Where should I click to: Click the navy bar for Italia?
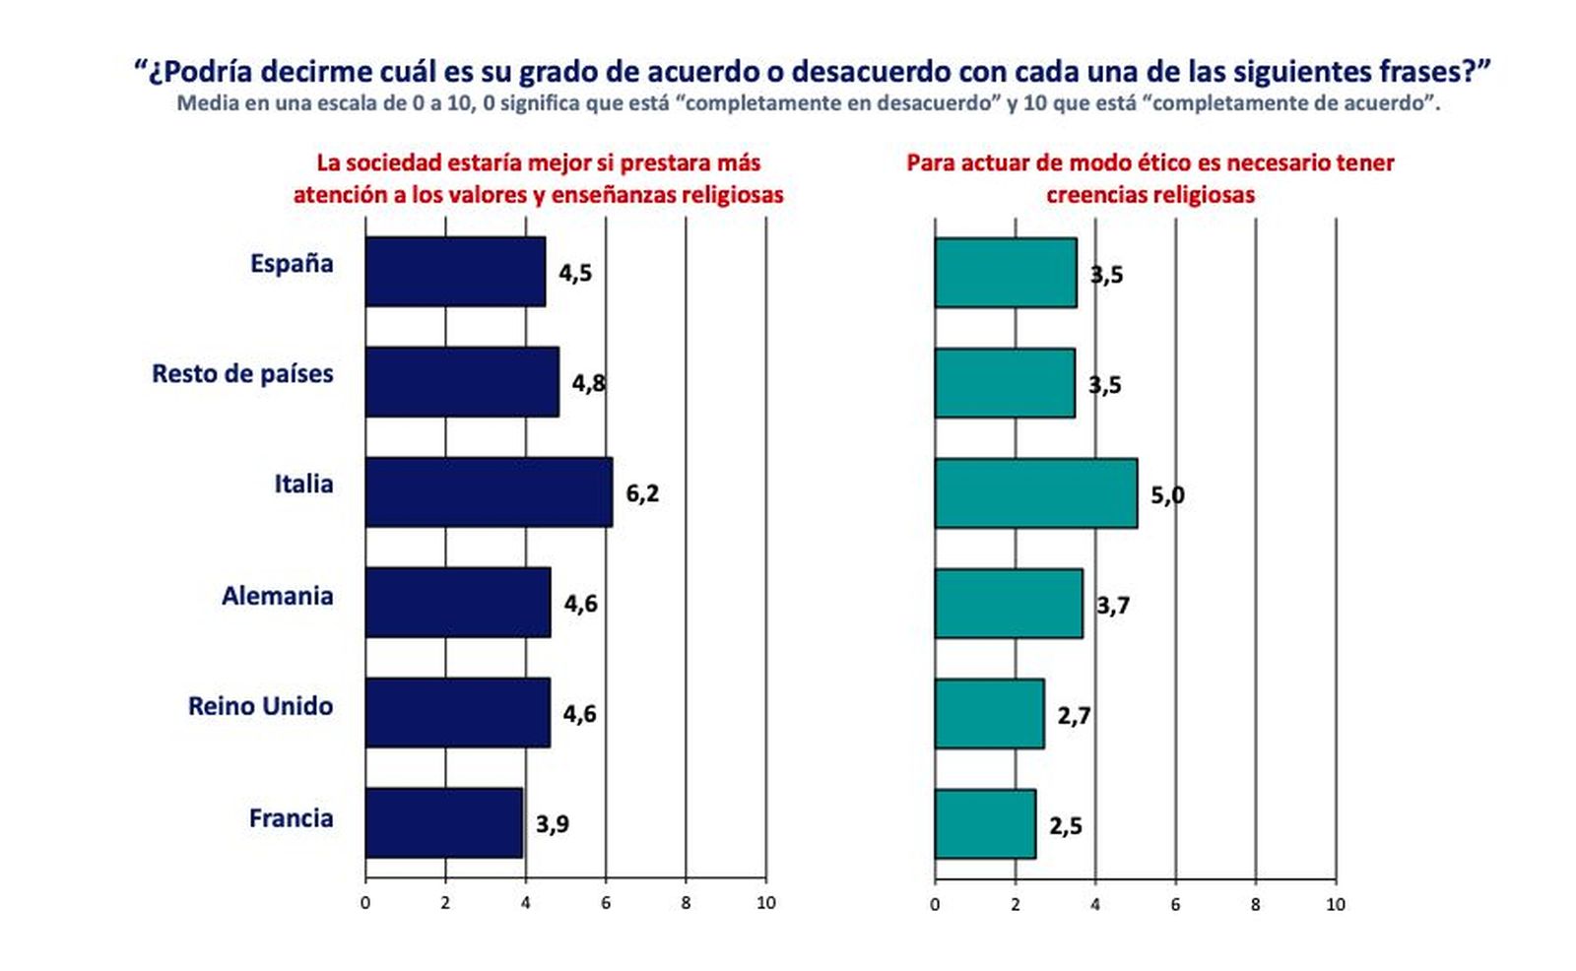click(488, 491)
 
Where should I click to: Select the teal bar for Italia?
click(1035, 493)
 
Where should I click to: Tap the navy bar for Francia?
click(443, 822)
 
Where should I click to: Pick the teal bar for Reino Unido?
click(989, 713)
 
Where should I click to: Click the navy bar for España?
click(454, 271)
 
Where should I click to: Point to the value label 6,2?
click(642, 492)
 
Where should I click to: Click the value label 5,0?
click(1167, 494)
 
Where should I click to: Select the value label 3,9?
click(553, 823)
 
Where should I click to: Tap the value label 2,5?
click(1066, 825)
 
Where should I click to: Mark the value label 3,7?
click(1113, 605)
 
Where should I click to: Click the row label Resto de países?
click(242, 374)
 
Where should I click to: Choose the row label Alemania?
click(277, 596)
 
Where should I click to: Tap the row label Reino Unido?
click(260, 706)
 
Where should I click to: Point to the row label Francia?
click(291, 817)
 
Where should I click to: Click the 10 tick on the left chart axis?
click(765, 903)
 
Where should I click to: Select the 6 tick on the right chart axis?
click(1175, 904)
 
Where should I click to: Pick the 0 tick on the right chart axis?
click(935, 904)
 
